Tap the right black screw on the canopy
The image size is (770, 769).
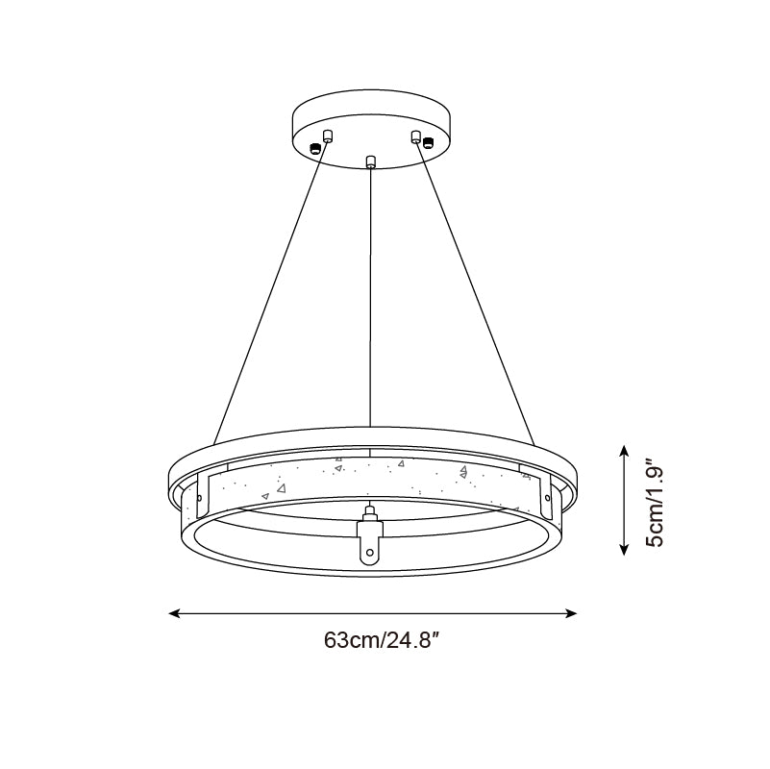click(x=429, y=143)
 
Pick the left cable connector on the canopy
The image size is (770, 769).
click(x=328, y=136)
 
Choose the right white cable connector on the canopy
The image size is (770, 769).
click(x=416, y=136)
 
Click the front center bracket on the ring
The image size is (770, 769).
click(x=370, y=543)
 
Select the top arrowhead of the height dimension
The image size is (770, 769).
click(x=624, y=450)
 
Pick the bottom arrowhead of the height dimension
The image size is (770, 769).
click(x=624, y=552)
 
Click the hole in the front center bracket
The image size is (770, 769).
click(x=370, y=552)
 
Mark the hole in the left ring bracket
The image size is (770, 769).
click(x=199, y=498)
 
